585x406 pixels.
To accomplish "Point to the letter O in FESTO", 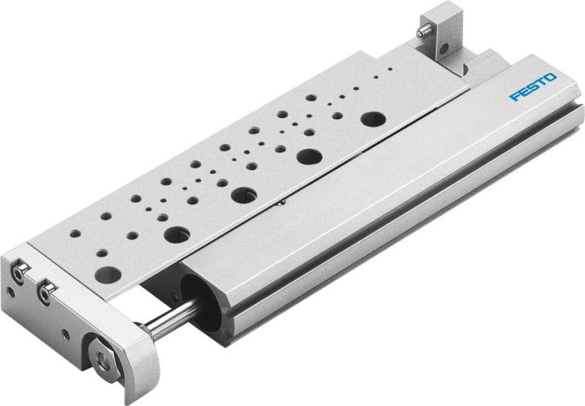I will click(551, 78).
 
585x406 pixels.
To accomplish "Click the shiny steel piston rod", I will click(172, 319).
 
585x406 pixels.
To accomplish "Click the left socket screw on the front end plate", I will click(21, 270).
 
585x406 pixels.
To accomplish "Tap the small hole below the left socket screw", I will click(11, 290).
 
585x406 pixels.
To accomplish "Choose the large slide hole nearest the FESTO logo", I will click(372, 119).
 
